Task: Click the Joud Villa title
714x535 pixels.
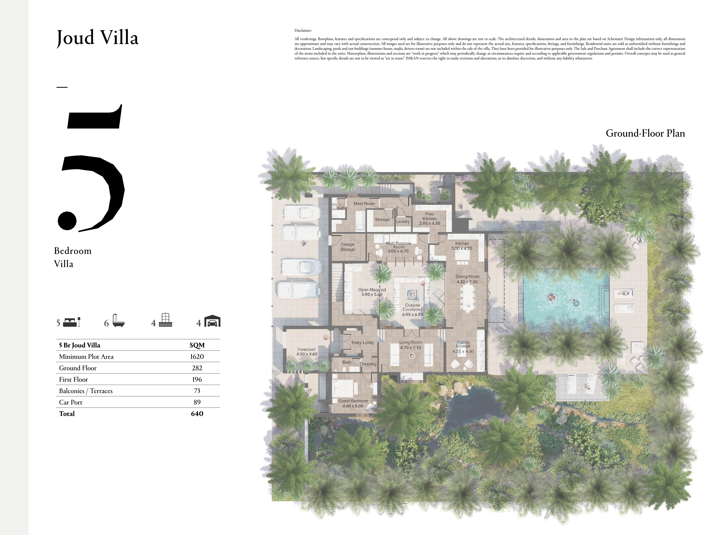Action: tap(97, 38)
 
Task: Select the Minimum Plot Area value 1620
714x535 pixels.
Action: tap(197, 357)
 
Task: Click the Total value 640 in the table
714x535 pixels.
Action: tap(197, 414)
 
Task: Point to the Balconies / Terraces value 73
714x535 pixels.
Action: tap(197, 391)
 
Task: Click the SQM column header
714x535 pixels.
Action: tap(197, 345)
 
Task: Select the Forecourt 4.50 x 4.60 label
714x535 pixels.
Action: tap(307, 352)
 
